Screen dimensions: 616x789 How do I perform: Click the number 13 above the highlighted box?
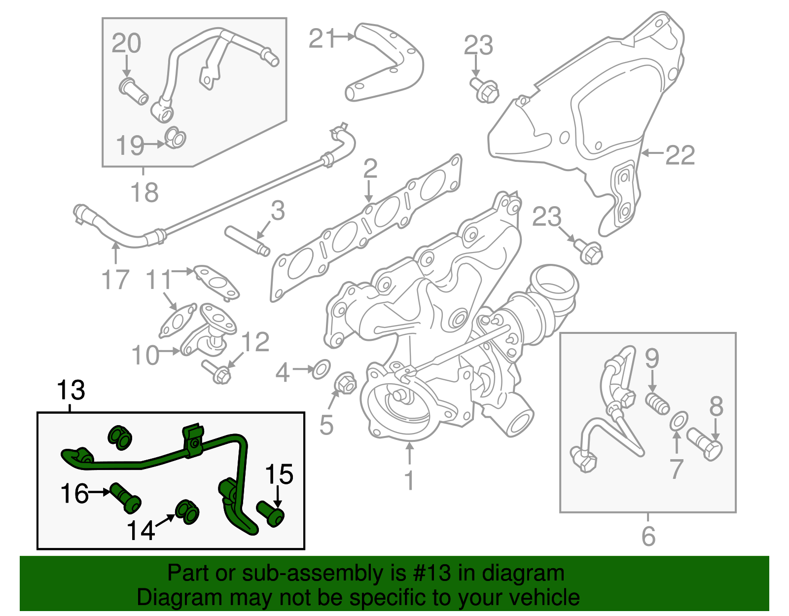[x=72, y=391]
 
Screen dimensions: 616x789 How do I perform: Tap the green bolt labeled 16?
[x=125, y=497]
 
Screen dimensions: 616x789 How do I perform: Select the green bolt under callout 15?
[x=271, y=514]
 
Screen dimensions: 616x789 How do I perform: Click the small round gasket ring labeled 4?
[x=322, y=369]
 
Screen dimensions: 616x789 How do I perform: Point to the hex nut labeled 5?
[x=345, y=383]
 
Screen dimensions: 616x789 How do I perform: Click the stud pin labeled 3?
[x=247, y=241]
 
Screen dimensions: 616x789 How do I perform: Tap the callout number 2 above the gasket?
[x=370, y=169]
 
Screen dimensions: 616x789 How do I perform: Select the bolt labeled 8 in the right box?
[x=705, y=444]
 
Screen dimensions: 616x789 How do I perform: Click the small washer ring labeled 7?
[x=679, y=421]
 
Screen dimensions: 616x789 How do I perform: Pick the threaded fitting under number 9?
[x=657, y=403]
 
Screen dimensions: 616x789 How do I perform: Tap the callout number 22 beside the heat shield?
[x=680, y=155]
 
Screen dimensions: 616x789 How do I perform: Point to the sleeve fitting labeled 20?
[x=134, y=91]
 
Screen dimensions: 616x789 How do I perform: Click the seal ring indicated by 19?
[x=175, y=138]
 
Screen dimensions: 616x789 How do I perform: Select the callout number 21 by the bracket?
[x=323, y=38]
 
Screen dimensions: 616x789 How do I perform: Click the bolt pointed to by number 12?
[x=216, y=371]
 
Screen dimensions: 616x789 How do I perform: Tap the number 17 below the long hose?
[x=115, y=280]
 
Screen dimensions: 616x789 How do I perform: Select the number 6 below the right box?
[x=648, y=536]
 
